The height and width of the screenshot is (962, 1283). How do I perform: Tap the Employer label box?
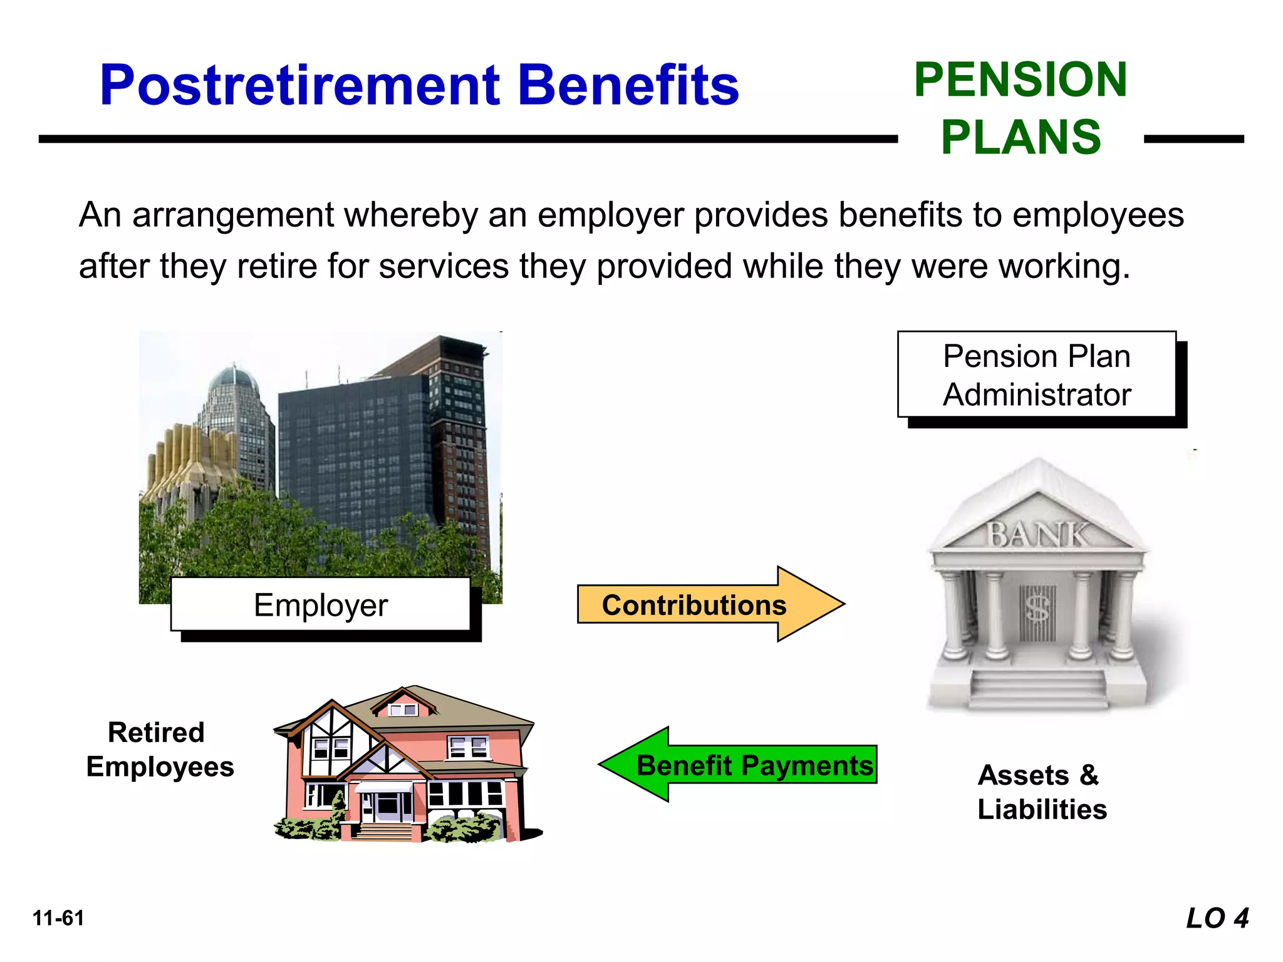(x=320, y=604)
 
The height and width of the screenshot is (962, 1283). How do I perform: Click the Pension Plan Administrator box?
(x=1037, y=375)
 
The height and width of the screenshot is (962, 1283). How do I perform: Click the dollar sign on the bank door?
(x=1037, y=608)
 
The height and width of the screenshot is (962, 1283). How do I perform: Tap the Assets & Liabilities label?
(x=1042, y=792)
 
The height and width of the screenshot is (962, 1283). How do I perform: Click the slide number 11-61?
(x=58, y=918)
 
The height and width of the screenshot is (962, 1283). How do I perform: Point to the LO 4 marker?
(x=1217, y=918)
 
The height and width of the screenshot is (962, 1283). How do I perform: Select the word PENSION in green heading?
(x=1021, y=80)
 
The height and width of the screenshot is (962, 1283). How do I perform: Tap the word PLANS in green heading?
(x=1021, y=137)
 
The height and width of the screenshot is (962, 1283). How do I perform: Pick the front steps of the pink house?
(x=384, y=832)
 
